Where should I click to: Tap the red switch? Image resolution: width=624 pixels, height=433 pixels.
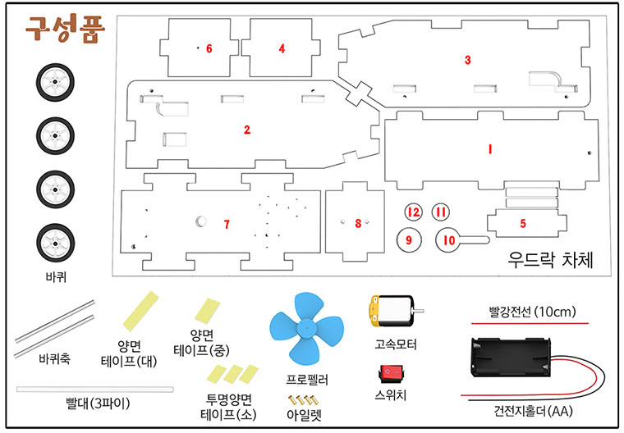[x=391, y=374]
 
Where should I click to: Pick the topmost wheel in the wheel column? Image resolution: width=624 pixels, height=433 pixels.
[x=55, y=82]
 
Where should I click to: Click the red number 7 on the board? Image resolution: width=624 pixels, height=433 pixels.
[x=227, y=225]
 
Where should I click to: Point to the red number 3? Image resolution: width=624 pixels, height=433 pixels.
[x=467, y=60]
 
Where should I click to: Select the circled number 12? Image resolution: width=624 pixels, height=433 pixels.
[x=414, y=212]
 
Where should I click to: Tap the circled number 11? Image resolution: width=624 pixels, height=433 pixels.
[x=442, y=212]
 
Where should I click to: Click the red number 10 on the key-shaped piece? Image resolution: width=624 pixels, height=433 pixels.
[x=448, y=240]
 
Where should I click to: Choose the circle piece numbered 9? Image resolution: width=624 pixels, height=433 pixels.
[x=409, y=239]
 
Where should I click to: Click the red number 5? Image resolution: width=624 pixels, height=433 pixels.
[x=522, y=222]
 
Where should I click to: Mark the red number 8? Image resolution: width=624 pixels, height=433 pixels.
[x=357, y=223]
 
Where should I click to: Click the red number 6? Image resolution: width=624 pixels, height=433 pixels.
[x=209, y=49]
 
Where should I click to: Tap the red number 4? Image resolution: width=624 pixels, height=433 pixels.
[x=282, y=49]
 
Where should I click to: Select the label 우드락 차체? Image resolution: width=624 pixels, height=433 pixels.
[x=551, y=259]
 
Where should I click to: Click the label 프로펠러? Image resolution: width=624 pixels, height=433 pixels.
[x=307, y=381]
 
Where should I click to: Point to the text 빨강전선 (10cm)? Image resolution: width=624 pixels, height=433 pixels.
[x=532, y=311]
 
